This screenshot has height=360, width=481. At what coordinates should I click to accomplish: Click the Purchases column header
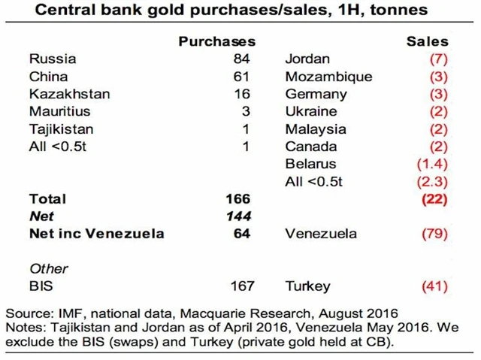click(x=216, y=41)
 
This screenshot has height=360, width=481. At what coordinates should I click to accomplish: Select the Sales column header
click(x=427, y=41)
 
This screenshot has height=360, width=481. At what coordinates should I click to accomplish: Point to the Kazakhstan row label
click(x=69, y=94)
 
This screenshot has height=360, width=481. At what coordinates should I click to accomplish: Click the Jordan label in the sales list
click(x=307, y=59)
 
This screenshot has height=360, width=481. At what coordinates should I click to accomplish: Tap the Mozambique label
click(x=328, y=77)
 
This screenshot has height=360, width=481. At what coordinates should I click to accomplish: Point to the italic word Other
click(x=48, y=268)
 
